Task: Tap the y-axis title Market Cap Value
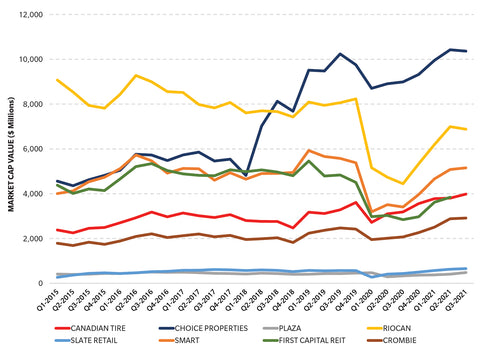click(x=10, y=150)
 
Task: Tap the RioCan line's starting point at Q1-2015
click(x=57, y=80)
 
